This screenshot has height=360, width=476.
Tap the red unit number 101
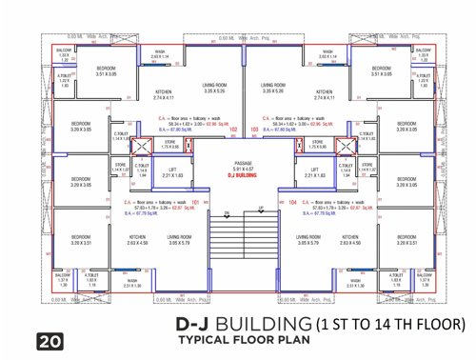(194, 203)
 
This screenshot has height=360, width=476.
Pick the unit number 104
(292, 203)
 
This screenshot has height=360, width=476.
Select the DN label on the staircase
(227, 212)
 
